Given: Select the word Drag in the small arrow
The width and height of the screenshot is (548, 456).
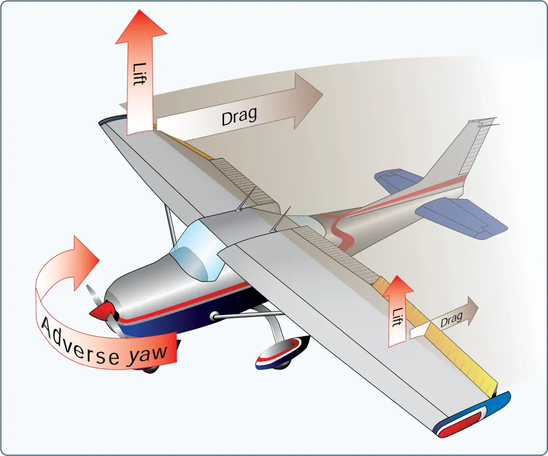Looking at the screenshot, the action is pos(451,319).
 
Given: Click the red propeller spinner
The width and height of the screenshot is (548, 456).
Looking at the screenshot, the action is pos(103,311).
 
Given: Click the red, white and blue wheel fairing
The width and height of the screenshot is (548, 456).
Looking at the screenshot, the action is pos(281,353).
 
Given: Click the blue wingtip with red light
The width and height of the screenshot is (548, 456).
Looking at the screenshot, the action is pos(472,416).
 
